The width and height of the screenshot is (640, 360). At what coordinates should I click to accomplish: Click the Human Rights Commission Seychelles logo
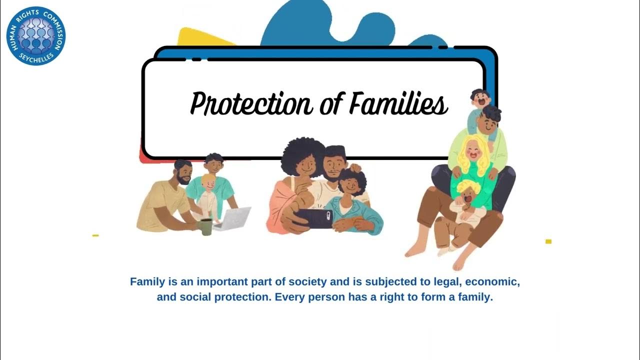click(x=36, y=36)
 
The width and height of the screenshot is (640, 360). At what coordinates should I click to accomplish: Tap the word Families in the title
click(x=398, y=103)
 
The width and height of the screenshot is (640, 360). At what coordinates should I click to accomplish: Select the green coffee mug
click(x=205, y=226)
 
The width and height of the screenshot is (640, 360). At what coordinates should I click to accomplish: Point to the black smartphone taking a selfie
click(x=314, y=218)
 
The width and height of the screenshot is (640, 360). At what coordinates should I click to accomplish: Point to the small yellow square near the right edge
click(x=548, y=241)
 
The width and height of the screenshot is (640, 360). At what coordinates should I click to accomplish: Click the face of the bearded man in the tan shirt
click(x=184, y=173)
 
